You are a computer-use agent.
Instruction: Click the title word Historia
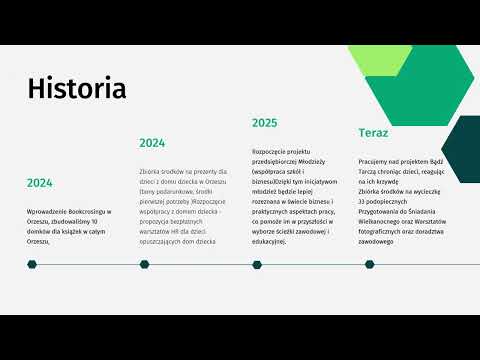77,89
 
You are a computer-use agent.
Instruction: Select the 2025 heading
264,123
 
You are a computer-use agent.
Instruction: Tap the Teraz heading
373,133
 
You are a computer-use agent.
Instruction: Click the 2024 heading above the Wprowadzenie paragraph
40,183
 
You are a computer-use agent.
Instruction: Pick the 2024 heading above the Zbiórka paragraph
152,143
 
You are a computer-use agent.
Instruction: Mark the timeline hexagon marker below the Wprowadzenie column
32,265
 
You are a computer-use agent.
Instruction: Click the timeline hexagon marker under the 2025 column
257,265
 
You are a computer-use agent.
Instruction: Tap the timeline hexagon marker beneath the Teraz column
365,265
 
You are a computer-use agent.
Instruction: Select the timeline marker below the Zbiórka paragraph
145,265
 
